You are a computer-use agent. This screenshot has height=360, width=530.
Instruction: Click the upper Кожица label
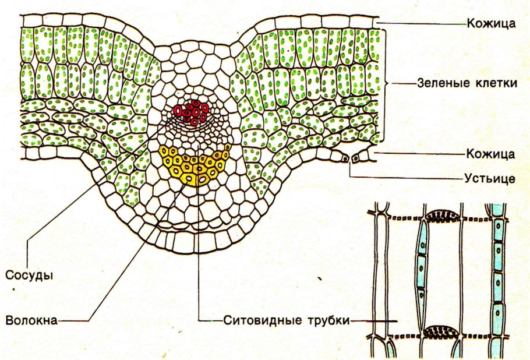[x=490, y=24]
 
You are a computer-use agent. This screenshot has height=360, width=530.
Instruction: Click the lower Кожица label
[x=490, y=154]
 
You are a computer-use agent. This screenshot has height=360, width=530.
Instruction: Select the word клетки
[x=497, y=83]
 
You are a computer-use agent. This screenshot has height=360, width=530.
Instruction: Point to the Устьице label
[x=490, y=177]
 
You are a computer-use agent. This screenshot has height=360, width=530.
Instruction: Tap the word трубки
[x=319, y=320]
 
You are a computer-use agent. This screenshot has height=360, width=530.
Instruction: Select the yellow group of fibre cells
[x=194, y=163]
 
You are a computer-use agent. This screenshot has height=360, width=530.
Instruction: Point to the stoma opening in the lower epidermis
[x=347, y=158]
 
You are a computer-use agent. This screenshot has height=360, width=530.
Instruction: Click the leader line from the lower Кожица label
[x=419, y=154]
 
